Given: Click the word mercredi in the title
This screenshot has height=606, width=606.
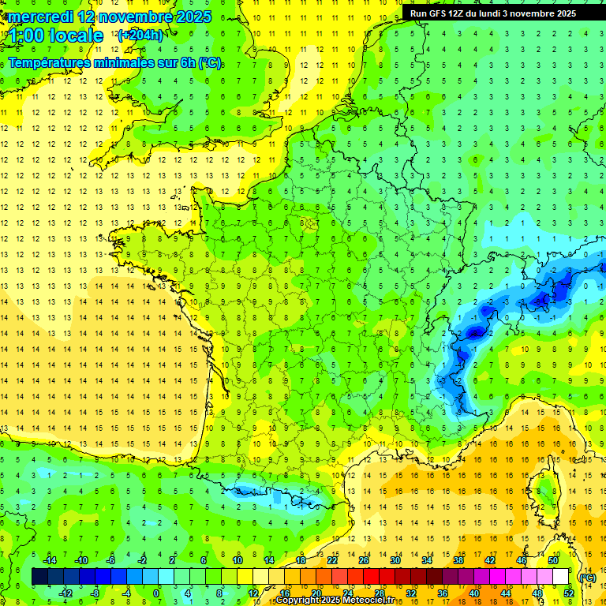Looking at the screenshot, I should point(40,17).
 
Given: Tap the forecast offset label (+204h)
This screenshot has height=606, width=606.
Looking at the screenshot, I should point(140,35).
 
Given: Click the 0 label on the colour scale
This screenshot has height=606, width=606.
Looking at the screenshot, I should point(156,593).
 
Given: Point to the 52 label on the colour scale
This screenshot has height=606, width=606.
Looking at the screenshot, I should point(569,593).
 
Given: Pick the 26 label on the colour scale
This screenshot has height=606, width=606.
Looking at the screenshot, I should point(364,560).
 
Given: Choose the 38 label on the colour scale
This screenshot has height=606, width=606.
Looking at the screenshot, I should point(458,560).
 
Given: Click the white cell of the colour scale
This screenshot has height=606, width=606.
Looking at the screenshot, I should point(561,577).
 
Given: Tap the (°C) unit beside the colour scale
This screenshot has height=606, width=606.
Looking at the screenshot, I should point(587,578).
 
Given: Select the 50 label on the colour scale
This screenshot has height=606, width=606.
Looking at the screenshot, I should point(553,560).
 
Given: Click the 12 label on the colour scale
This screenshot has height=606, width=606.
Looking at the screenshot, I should point(252,593).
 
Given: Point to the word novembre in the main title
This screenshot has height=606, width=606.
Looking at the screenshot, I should point(140,17).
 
